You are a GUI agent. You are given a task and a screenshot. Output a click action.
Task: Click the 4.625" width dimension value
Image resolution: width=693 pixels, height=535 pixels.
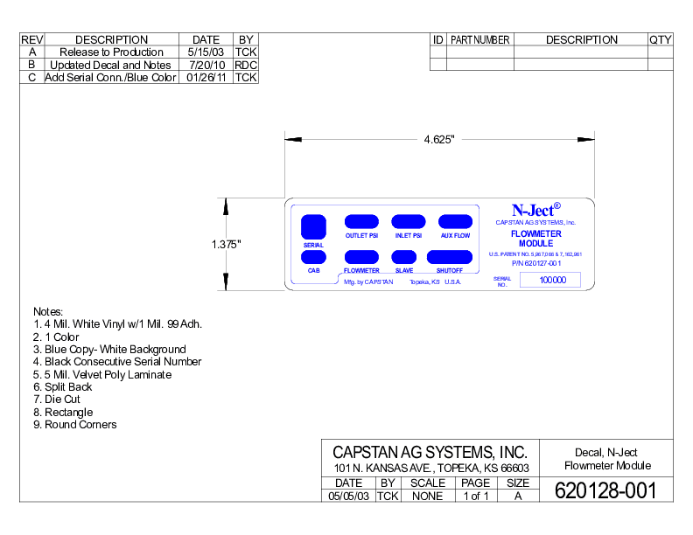[x=438, y=140]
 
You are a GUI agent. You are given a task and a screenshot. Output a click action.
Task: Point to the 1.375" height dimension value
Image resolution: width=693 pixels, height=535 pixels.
[x=226, y=245]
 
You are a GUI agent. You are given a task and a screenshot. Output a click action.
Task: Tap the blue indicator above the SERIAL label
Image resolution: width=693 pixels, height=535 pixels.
[x=313, y=226]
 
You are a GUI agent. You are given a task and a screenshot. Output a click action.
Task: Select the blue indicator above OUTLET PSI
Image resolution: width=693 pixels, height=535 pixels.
[x=361, y=222]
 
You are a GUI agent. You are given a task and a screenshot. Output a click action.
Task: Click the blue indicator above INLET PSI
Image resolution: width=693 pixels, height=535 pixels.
[x=409, y=222]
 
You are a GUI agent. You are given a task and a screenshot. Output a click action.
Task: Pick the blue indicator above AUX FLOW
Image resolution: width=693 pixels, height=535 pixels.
[x=455, y=222]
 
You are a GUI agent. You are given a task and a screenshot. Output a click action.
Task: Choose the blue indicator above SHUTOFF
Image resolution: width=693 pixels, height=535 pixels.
[x=450, y=257]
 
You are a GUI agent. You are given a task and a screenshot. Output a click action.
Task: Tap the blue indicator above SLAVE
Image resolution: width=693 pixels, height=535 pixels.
[x=404, y=257]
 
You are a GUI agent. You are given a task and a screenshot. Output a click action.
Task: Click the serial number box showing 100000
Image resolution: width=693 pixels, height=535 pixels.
[x=553, y=280]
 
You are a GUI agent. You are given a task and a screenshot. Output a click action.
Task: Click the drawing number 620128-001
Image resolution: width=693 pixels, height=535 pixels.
[x=605, y=490]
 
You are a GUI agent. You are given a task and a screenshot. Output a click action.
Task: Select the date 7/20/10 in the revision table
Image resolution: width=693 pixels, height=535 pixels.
[x=206, y=65]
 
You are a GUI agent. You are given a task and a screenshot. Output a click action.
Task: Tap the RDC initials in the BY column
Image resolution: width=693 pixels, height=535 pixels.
[x=246, y=65]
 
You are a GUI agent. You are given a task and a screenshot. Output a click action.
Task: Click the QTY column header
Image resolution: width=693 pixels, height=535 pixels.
[x=661, y=39]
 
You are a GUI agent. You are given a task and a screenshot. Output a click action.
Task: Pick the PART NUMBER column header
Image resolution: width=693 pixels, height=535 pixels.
[x=480, y=39]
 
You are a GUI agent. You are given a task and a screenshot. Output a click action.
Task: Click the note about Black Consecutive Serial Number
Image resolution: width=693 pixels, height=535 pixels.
[x=117, y=361]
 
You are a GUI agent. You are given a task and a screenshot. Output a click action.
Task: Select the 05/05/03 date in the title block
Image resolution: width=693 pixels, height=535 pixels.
[x=349, y=496]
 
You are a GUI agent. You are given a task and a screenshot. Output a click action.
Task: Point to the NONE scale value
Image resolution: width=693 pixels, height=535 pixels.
[x=427, y=496]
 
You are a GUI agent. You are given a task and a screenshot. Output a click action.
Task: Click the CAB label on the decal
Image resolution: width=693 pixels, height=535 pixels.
[x=313, y=271]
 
